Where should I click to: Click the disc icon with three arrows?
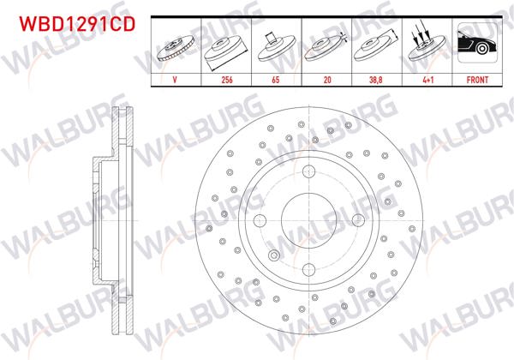click(424, 45)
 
